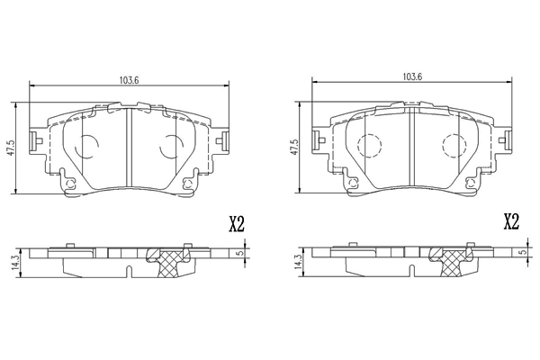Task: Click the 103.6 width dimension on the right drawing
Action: click(x=413, y=76)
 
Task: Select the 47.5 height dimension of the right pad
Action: click(x=294, y=147)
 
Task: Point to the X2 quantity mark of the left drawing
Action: click(x=237, y=223)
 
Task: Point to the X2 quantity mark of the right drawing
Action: click(x=510, y=222)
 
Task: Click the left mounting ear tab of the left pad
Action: click(x=33, y=140)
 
